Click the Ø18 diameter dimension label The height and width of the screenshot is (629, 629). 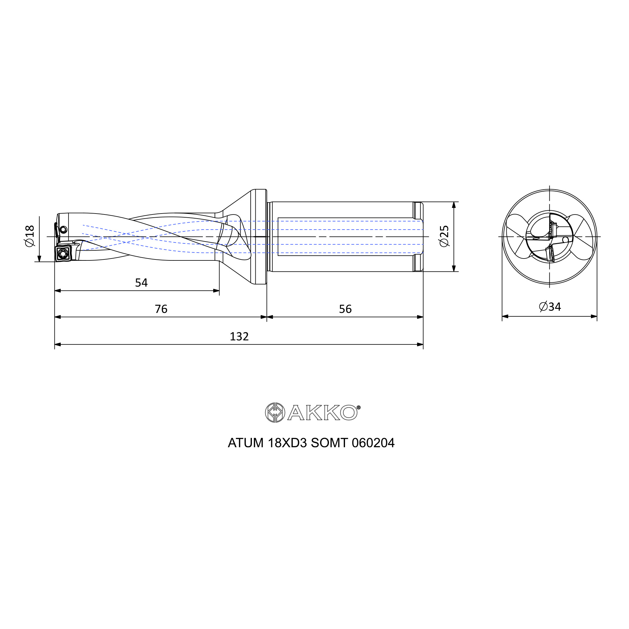point(30,236)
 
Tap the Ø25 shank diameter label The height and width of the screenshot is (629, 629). point(444,236)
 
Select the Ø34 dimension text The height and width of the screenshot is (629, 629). point(550,307)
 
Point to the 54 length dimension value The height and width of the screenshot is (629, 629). point(141,283)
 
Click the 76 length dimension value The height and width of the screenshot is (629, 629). point(161,309)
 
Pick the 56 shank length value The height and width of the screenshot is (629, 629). point(345,309)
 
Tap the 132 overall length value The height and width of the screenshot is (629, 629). point(239,336)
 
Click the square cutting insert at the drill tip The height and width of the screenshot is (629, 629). point(63,253)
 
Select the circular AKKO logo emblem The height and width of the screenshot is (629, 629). point(275,413)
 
